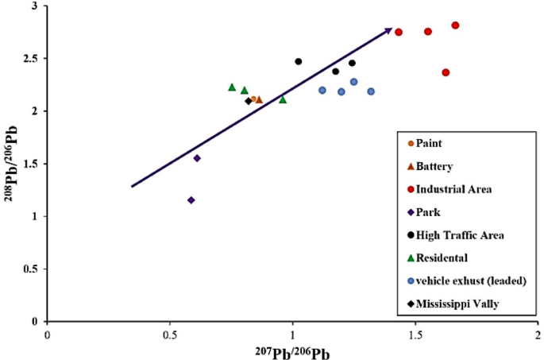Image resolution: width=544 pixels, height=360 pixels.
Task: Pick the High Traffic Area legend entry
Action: [455, 235]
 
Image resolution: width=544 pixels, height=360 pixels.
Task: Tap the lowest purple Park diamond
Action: [191, 200]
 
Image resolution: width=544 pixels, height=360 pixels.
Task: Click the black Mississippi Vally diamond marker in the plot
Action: [249, 101]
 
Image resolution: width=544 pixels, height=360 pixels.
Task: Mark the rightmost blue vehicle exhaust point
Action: [371, 91]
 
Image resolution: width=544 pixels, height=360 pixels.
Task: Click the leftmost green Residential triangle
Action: [232, 87]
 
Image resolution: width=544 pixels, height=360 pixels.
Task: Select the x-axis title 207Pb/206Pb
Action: [292, 350]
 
